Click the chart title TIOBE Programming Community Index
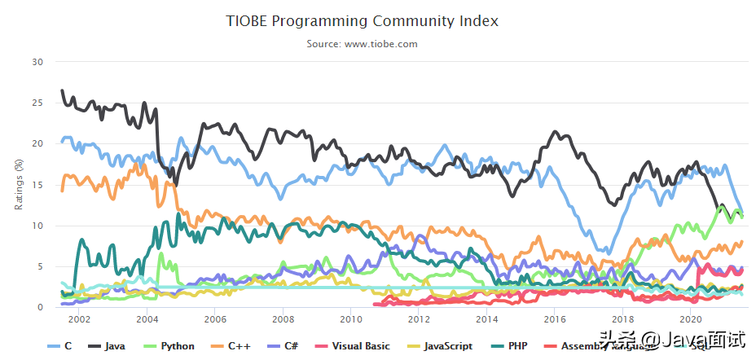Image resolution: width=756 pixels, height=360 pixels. pos(362,20)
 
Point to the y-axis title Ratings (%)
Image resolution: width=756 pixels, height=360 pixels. pos(20,184)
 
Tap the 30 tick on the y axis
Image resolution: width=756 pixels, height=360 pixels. pos(37,62)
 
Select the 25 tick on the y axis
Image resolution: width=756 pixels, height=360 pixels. pos(37,103)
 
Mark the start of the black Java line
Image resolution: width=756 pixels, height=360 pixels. pos(62,90)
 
